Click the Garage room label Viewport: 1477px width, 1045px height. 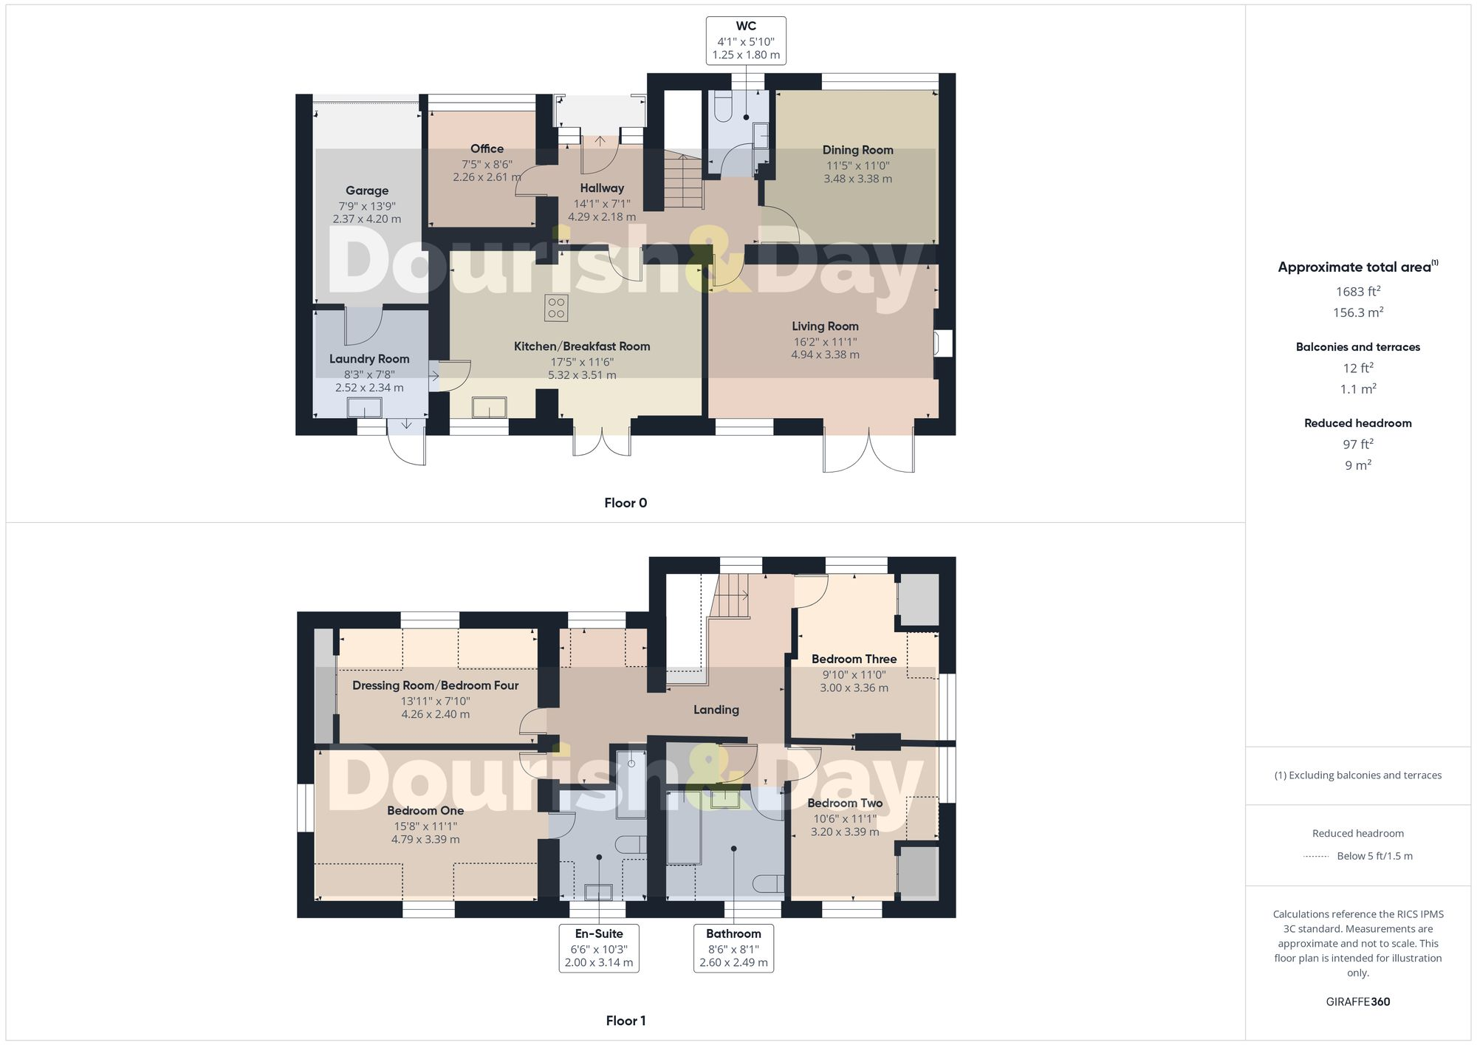pyautogui.click(x=367, y=191)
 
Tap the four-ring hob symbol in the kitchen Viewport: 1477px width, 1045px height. pyautogui.click(x=556, y=308)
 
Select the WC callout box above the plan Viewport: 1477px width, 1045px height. pyautogui.click(x=745, y=41)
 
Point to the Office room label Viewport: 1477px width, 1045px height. pyautogui.click(x=487, y=149)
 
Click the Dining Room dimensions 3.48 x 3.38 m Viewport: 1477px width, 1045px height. pyautogui.click(x=857, y=179)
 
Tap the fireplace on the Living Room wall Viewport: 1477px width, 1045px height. pyautogui.click(x=942, y=343)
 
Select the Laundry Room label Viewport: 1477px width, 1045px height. pyautogui.click(x=369, y=359)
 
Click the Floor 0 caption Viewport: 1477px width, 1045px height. pyautogui.click(x=625, y=503)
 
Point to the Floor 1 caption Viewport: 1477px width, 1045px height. pyautogui.click(x=625, y=1021)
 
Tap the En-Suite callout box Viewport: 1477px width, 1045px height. pyautogui.click(x=598, y=948)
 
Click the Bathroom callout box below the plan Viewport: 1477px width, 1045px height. pyautogui.click(x=733, y=948)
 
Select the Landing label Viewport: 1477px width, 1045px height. pyautogui.click(x=716, y=710)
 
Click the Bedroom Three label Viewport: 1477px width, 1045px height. pyautogui.click(x=854, y=659)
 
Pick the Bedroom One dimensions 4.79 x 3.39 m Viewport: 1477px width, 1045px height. pyautogui.click(x=425, y=840)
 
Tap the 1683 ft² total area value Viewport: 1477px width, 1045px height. pyautogui.click(x=1357, y=292)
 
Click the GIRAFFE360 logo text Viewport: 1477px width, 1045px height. pyautogui.click(x=1357, y=1002)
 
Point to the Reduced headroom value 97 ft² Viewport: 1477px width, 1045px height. pyautogui.click(x=1357, y=445)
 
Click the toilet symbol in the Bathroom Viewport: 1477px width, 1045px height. pyautogui.click(x=769, y=884)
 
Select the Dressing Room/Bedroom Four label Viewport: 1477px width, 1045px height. pyautogui.click(x=435, y=685)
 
